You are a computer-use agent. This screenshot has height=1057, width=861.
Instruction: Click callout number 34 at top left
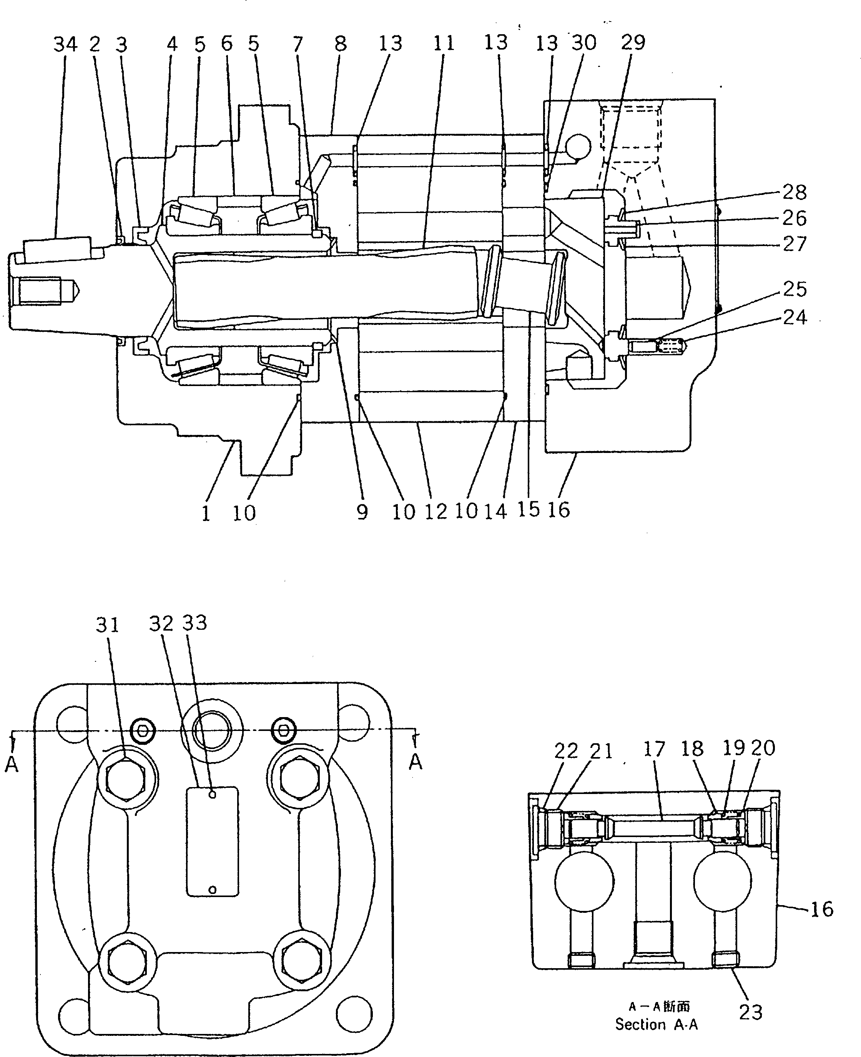[65, 45]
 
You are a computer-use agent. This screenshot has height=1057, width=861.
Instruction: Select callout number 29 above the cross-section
[633, 43]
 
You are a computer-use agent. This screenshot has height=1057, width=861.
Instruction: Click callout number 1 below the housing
[206, 513]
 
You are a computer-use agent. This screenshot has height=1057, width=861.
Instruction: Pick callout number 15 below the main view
[528, 509]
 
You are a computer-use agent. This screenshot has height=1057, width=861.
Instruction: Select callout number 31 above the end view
[108, 625]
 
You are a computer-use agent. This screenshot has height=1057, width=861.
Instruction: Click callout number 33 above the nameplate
[194, 623]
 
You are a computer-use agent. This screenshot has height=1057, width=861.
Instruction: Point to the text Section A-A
[656, 1024]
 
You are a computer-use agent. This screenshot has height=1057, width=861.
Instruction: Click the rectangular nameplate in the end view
[212, 841]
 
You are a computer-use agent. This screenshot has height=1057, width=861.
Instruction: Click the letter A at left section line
[12, 765]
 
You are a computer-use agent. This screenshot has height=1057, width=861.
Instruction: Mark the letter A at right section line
[416, 762]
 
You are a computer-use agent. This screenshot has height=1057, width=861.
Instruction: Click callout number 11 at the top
[444, 44]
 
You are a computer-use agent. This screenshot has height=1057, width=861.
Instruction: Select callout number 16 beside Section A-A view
[822, 909]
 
